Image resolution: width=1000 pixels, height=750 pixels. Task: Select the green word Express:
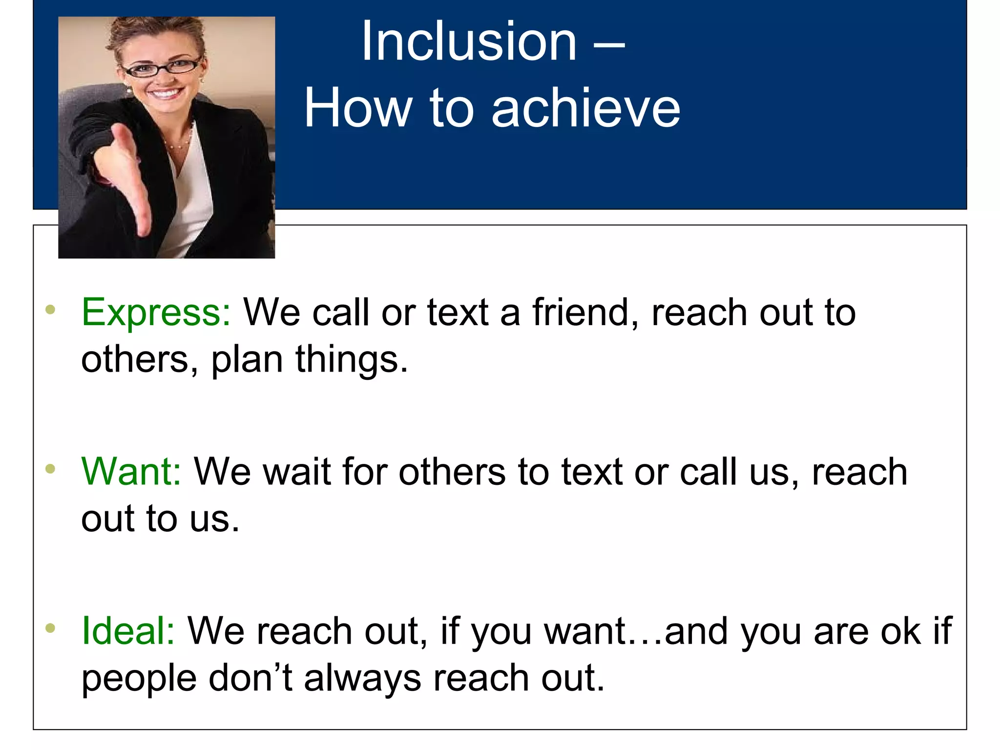[156, 312]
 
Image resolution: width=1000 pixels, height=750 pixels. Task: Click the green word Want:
[131, 472]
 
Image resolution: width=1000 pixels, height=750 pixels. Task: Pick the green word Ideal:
[128, 631]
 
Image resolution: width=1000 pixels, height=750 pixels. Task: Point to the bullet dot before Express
[50, 310]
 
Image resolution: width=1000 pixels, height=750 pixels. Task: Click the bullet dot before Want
[50, 469]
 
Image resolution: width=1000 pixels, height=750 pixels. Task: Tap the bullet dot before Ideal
[50, 628]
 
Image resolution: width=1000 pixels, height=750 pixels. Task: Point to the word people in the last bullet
[139, 679]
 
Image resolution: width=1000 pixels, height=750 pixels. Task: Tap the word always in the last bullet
[362, 679]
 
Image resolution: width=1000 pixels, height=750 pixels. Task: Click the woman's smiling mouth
[166, 93]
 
